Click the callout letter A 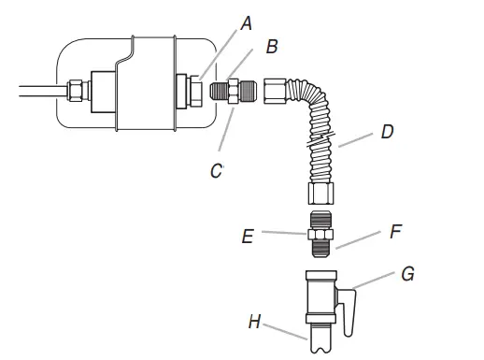tap(247, 23)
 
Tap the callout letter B tap(272, 47)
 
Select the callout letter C tap(217, 171)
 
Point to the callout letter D tap(388, 132)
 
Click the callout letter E tap(248, 237)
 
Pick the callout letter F tap(395, 231)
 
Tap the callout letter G tap(407, 274)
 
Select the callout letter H tap(254, 322)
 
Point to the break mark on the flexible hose tap(320, 139)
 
